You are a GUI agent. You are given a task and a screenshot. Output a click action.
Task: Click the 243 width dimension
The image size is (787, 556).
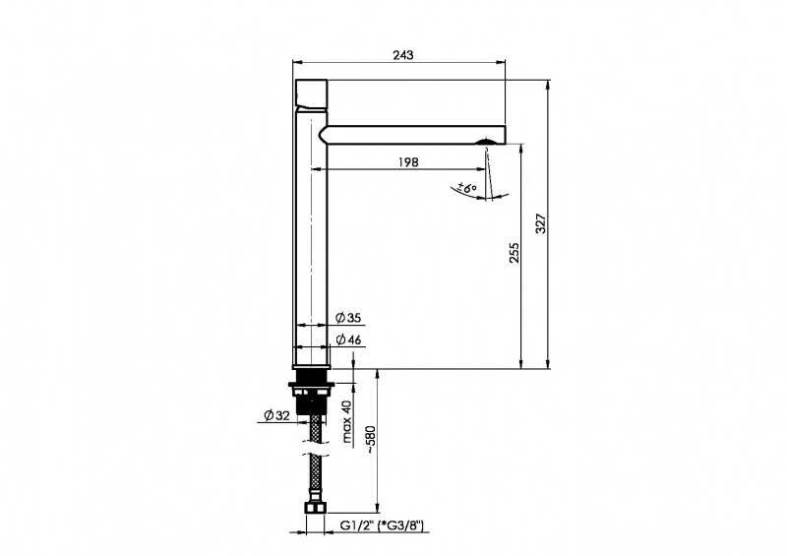pyautogui.click(x=403, y=55)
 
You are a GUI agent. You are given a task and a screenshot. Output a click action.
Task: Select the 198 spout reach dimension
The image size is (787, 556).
pyautogui.click(x=408, y=162)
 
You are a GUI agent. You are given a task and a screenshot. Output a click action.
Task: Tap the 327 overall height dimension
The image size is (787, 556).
pyautogui.click(x=540, y=223)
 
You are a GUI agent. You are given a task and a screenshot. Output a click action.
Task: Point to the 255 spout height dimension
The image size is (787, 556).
pyautogui.click(x=515, y=253)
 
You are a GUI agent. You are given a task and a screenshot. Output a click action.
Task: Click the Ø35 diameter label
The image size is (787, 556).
pyautogui.click(x=348, y=318)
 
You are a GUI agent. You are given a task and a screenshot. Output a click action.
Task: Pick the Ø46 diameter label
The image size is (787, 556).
pyautogui.click(x=348, y=340)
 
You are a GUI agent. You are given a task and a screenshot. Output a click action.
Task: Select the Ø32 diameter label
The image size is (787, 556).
pyautogui.click(x=277, y=415)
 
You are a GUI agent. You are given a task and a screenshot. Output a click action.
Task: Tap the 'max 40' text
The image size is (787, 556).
pyautogui.click(x=347, y=421)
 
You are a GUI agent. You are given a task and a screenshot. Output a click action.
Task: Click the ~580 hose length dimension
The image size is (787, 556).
pyautogui.click(x=371, y=440)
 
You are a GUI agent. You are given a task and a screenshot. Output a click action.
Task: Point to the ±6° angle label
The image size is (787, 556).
pyautogui.click(x=466, y=189)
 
